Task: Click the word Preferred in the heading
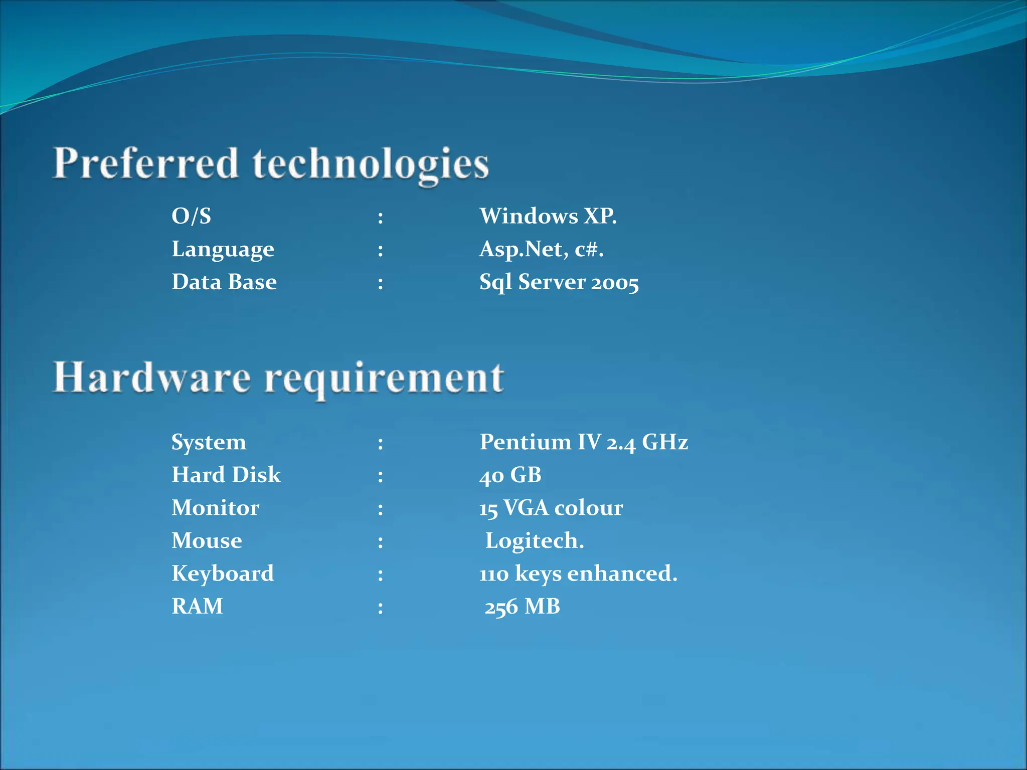tap(145, 164)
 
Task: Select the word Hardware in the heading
tap(151, 377)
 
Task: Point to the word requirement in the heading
tap(384, 379)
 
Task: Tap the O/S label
tap(191, 216)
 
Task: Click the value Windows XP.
tap(548, 216)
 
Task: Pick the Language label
tap(223, 250)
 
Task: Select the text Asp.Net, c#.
tap(541, 249)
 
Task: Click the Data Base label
tap(224, 282)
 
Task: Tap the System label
tap(209, 442)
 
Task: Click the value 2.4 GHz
tap(647, 442)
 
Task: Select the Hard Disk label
tap(226, 475)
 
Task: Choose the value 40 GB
tap(510, 475)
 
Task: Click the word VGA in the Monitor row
tap(526, 508)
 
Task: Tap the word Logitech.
tap(535, 541)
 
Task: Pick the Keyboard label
tap(223, 573)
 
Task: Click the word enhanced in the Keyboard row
tap(622, 573)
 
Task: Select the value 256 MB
tap(522, 607)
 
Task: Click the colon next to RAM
tap(381, 608)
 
